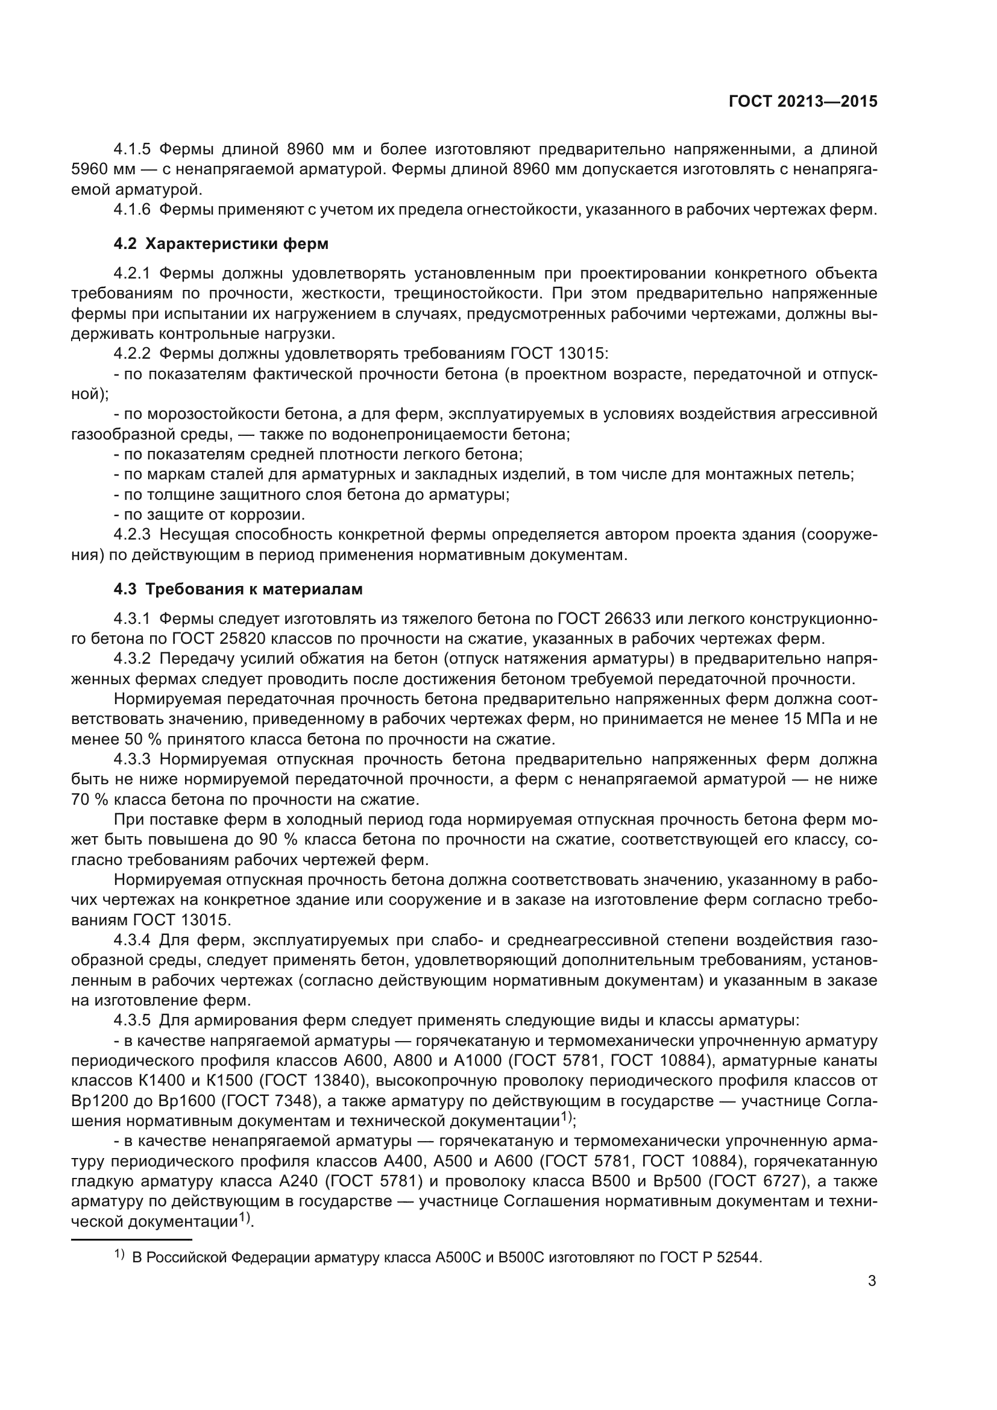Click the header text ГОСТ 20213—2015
coord(802,101)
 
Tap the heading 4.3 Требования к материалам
coord(238,589)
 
